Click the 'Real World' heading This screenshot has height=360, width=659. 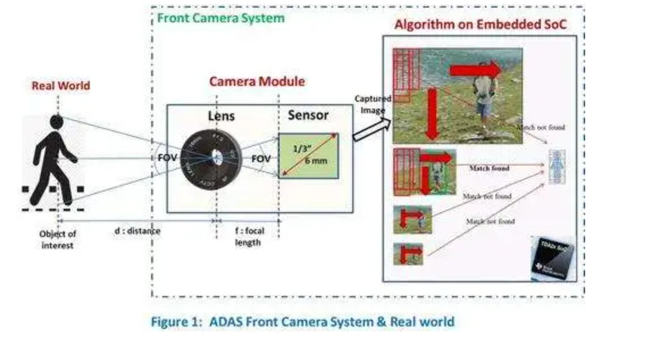click(60, 85)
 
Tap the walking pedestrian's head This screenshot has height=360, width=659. click(56, 122)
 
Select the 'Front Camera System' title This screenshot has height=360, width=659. click(221, 18)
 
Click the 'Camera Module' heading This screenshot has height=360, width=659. click(257, 81)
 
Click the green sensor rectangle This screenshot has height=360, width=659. click(309, 156)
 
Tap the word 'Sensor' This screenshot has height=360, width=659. click(308, 115)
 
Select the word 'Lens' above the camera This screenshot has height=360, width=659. click(220, 116)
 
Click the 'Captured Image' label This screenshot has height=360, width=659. click(372, 104)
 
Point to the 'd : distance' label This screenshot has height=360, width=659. click(137, 231)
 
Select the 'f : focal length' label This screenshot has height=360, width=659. click(248, 237)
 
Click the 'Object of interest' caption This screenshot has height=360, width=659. click(57, 239)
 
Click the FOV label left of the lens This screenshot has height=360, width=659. click(167, 158)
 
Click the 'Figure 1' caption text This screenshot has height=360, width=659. click(303, 321)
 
